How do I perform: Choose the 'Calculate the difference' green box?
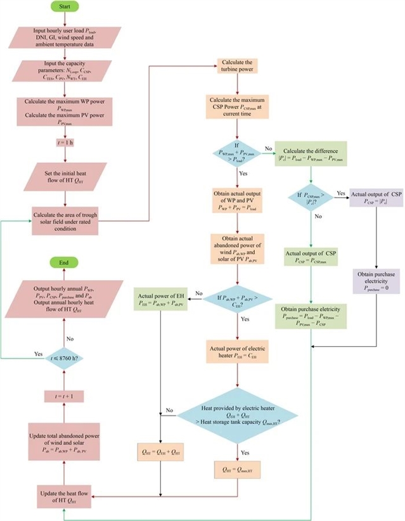311,152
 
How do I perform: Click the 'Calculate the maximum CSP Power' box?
236,105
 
